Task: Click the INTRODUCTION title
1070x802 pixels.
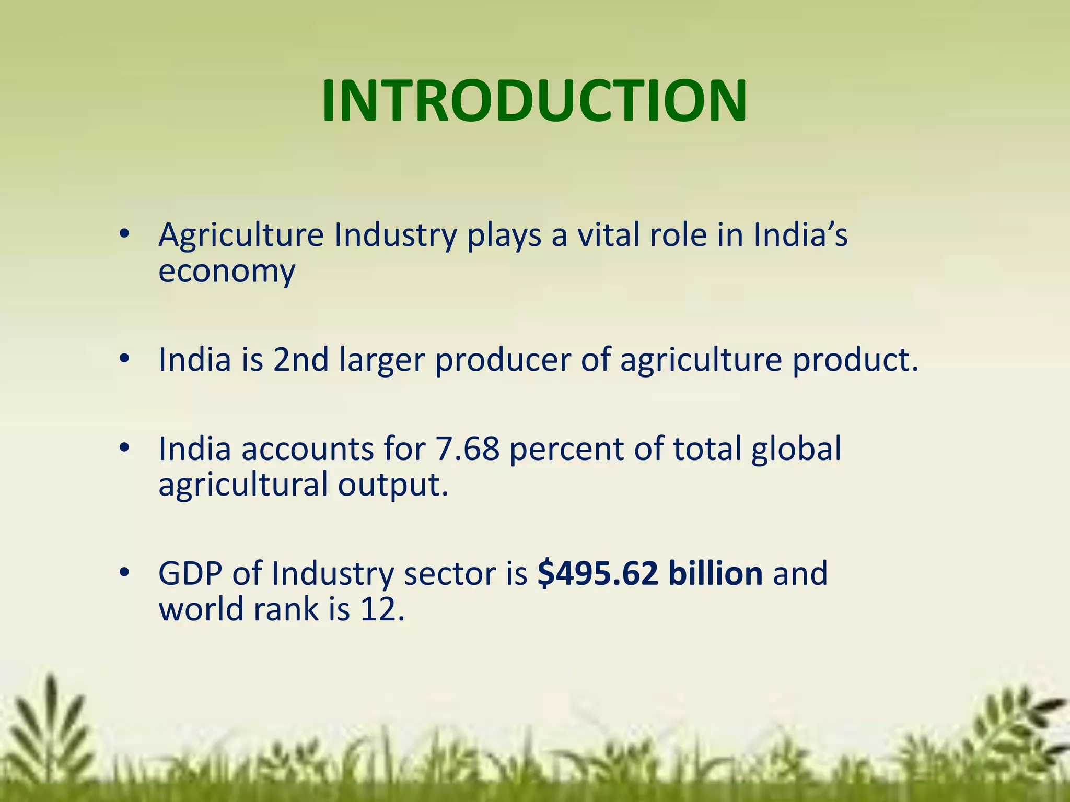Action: click(x=534, y=100)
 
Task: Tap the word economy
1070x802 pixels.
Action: click(x=227, y=272)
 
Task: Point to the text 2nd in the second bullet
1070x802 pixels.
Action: click(x=301, y=360)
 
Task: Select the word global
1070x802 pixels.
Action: click(x=796, y=449)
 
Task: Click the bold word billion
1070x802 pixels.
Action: click(x=715, y=573)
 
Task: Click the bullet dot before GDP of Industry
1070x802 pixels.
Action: click(x=124, y=573)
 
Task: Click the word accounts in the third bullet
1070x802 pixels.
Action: click(x=307, y=449)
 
